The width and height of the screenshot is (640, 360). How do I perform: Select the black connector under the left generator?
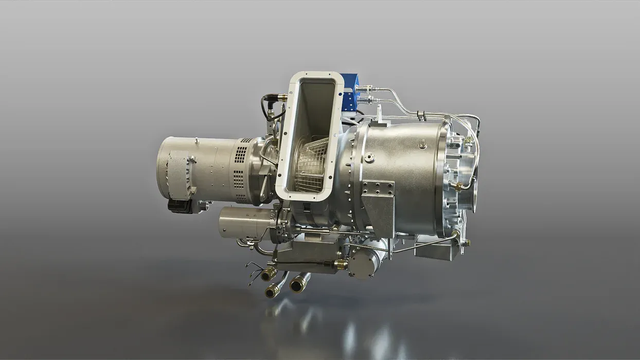[x=180, y=206]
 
